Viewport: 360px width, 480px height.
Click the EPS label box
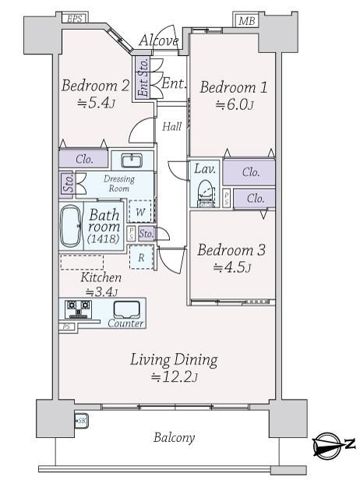click(75, 18)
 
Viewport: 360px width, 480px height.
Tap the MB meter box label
click(246, 20)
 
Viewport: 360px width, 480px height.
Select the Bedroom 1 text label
click(234, 87)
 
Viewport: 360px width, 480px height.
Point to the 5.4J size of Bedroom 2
click(97, 103)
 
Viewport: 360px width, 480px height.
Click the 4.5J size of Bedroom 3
click(232, 267)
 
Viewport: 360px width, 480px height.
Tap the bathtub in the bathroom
click(71, 226)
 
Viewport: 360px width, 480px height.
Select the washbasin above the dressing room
click(132, 161)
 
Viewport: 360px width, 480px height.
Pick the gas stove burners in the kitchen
click(79, 309)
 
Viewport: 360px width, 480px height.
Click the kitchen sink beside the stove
click(127, 310)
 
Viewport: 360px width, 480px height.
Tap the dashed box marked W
click(140, 211)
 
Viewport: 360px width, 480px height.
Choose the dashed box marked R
click(141, 257)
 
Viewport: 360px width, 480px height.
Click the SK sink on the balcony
click(81, 421)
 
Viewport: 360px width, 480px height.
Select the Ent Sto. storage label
click(143, 78)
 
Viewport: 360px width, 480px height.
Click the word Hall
click(171, 126)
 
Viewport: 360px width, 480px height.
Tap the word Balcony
click(175, 437)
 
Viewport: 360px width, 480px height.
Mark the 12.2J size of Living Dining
click(175, 376)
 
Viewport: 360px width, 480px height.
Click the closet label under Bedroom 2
click(84, 159)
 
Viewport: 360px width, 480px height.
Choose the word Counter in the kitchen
click(125, 323)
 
